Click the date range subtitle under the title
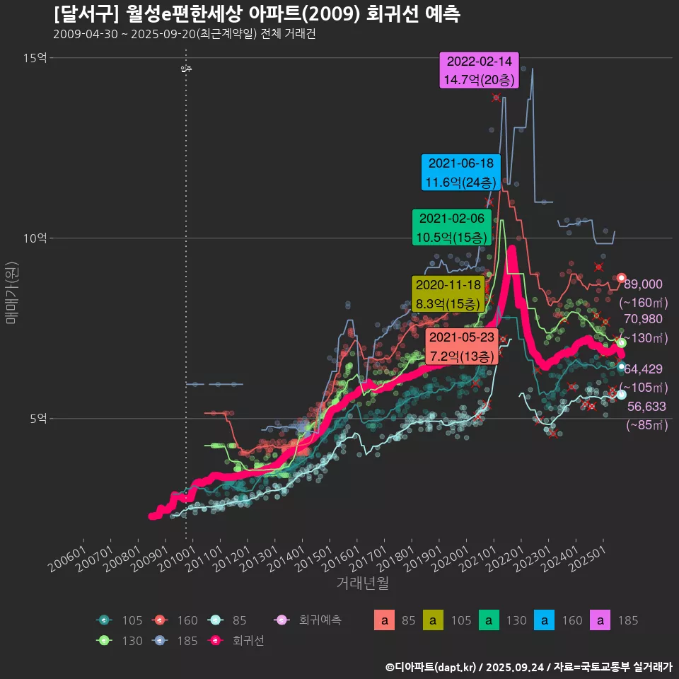click(x=184, y=34)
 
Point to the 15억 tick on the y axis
click(x=35, y=58)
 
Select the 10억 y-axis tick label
click(x=35, y=238)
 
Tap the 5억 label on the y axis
click(x=38, y=419)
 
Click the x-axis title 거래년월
click(x=362, y=583)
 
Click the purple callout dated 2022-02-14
click(x=480, y=70)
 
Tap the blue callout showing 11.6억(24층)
click(x=461, y=173)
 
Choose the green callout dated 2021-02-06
click(x=451, y=228)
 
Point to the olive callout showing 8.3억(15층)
click(x=448, y=294)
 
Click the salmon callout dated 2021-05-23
click(x=463, y=346)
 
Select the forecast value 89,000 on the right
click(x=643, y=284)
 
